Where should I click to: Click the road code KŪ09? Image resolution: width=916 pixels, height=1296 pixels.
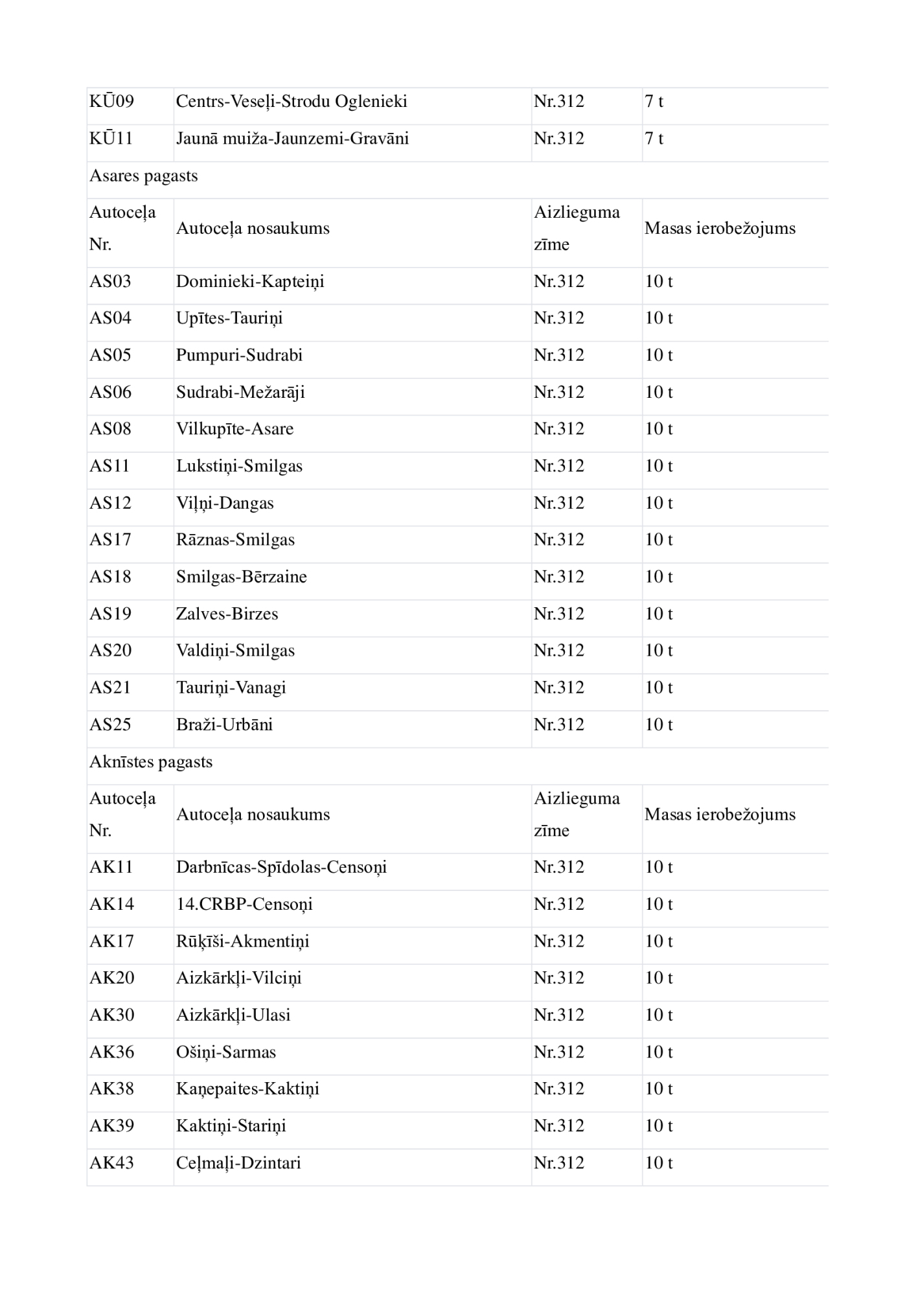tap(111, 102)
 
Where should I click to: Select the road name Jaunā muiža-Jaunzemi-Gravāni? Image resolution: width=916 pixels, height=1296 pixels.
tap(292, 139)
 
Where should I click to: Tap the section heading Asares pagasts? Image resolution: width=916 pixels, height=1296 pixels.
tap(143, 176)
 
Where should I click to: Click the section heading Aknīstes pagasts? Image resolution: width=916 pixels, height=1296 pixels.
tap(151, 762)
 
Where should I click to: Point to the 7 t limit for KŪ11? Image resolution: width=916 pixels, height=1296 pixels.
tap(654, 139)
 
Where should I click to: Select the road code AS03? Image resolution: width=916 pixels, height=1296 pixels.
tap(110, 282)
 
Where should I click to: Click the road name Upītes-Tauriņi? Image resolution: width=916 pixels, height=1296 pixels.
tap(229, 318)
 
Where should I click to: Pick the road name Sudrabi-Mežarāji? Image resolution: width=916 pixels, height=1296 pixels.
tap(240, 393)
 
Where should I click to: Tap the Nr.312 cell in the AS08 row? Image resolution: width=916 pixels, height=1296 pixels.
tap(558, 429)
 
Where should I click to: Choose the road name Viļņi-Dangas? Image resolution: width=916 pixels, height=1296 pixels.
tap(225, 503)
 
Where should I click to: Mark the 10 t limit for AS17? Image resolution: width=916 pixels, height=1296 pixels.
tap(658, 540)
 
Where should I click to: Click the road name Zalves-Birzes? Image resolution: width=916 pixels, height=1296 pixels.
tap(227, 614)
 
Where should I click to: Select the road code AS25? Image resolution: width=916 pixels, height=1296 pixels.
tap(110, 724)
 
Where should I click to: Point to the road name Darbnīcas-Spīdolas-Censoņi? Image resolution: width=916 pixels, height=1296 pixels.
tap(281, 868)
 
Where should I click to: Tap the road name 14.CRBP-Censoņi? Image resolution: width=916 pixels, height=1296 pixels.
tap(244, 905)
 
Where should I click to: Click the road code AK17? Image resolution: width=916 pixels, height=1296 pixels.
tap(111, 942)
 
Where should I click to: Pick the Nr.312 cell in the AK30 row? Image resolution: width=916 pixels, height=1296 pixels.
tap(558, 1015)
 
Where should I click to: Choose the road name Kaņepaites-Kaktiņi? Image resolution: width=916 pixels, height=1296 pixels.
tap(247, 1089)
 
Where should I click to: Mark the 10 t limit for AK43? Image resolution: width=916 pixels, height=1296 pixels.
tap(658, 1163)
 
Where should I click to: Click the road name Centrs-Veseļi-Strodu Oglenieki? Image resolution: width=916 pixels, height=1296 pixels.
tap(292, 102)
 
